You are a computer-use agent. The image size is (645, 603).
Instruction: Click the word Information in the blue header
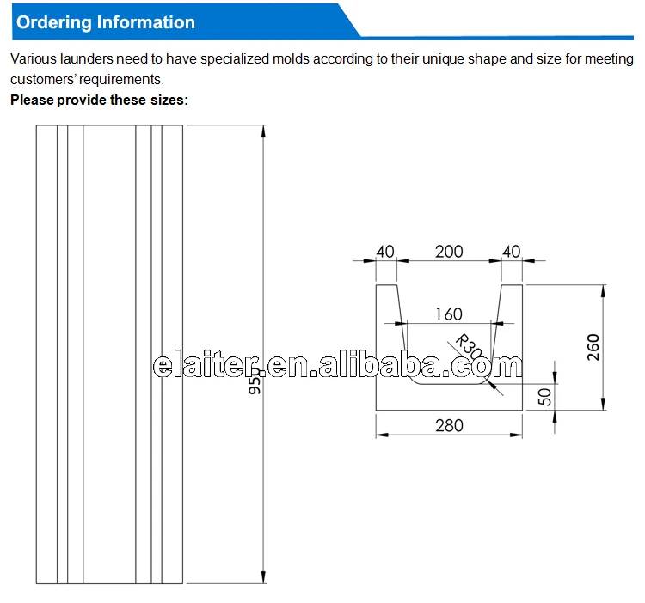tap(145, 22)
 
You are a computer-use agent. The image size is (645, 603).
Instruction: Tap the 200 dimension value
tap(448, 252)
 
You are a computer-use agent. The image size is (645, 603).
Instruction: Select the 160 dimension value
tap(447, 314)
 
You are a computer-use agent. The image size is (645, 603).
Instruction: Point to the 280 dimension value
tap(448, 425)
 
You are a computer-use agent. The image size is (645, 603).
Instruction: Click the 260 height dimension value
tap(593, 346)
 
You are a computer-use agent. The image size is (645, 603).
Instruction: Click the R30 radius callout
tap(468, 346)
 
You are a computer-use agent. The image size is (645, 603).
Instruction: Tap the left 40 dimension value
tap(384, 252)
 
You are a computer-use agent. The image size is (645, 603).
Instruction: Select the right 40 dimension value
tap(511, 252)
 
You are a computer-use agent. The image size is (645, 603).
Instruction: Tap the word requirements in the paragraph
tap(122, 79)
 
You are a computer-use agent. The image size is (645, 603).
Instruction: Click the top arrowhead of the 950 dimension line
tap(263, 130)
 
